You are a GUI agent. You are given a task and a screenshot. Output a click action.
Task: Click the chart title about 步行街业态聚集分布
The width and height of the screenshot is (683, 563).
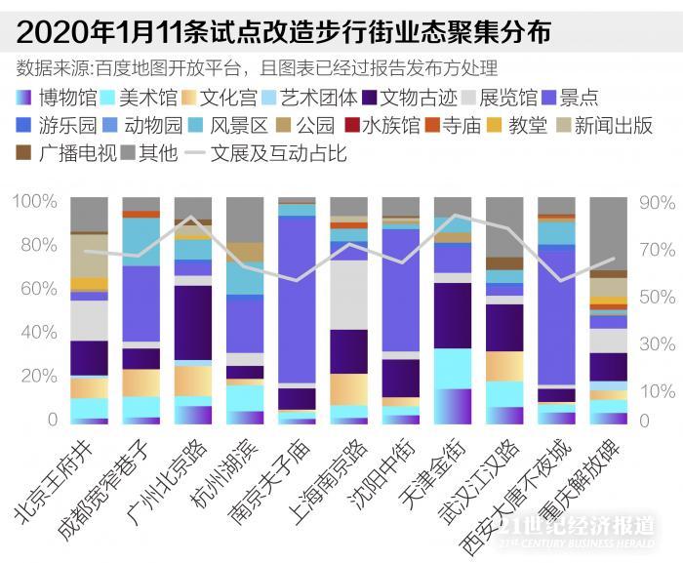click(284, 32)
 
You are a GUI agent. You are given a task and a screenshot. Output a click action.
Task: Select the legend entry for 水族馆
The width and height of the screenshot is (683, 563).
click(389, 126)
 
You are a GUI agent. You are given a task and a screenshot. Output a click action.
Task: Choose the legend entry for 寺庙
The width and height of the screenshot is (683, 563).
click(458, 126)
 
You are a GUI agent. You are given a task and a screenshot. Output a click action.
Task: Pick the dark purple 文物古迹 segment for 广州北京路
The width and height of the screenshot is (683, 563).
click(193, 323)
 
